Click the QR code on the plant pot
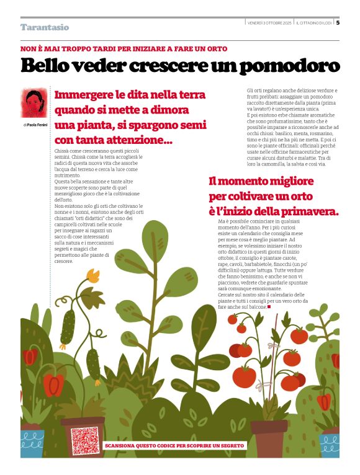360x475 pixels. click(x=84, y=440)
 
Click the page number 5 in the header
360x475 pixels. click(x=338, y=23)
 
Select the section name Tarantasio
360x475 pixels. click(x=44, y=27)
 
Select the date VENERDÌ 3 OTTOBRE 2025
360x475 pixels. click(x=269, y=23)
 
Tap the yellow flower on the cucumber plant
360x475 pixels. click(x=93, y=275)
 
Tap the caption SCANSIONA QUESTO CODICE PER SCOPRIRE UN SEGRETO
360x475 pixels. click(x=175, y=445)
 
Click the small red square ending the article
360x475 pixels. click(x=269, y=306)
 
